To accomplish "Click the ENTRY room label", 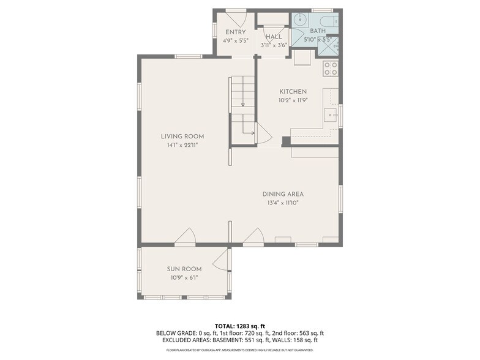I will (236, 32).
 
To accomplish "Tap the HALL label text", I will (274, 37).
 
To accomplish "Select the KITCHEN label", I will (293, 92).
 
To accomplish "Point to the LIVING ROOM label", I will (182, 137).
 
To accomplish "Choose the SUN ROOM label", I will (184, 269).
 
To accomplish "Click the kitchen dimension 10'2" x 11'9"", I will (293, 100).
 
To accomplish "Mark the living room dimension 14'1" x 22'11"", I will (182, 145).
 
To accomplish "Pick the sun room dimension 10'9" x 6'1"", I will (184, 277).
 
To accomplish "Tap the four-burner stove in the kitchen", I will (331, 68).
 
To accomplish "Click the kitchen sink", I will (331, 115).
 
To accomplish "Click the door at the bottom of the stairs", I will (262, 133).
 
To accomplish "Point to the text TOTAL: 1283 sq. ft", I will (239, 326).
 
